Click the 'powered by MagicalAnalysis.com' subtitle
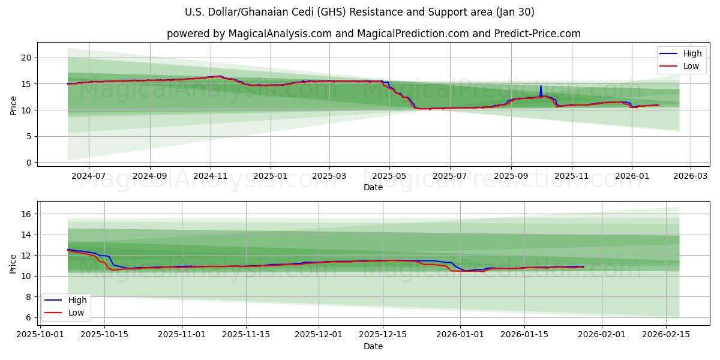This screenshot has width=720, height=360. click(373, 34)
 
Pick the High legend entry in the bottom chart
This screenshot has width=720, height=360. click(76, 300)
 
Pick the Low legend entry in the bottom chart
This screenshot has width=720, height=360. click(76, 312)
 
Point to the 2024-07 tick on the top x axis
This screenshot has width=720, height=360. click(88, 177)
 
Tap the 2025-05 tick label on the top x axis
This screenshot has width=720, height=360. click(389, 177)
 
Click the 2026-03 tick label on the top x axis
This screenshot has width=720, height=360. click(690, 177)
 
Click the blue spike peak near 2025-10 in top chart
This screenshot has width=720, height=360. click(541, 85)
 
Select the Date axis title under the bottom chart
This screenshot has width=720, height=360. click(373, 346)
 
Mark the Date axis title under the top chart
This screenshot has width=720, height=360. click(373, 187)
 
